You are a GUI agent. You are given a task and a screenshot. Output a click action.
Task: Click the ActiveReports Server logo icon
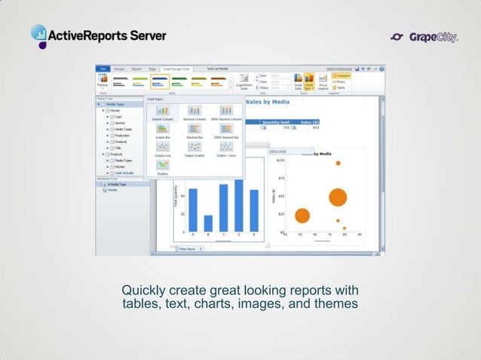(39, 35)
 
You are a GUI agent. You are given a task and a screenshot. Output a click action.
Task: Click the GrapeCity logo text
(434, 37)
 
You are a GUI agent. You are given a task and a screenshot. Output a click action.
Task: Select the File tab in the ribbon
(103, 69)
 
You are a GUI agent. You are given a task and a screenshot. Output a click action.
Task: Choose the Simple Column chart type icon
(162, 111)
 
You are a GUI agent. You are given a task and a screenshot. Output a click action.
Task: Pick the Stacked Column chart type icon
(195, 111)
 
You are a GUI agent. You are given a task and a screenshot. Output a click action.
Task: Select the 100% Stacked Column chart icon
(226, 111)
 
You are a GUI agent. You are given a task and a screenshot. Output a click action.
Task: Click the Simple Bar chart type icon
(162, 129)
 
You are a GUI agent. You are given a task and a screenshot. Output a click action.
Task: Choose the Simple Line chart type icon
(162, 147)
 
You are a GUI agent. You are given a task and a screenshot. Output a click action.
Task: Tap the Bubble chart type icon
(162, 165)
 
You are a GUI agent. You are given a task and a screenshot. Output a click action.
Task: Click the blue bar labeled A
(192, 209)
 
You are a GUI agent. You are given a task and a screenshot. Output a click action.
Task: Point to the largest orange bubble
(337, 197)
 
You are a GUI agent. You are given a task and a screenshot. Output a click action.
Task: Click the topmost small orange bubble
(338, 163)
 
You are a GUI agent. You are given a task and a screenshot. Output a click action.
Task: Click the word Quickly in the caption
(143, 291)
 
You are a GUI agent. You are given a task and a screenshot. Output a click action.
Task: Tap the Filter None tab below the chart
(185, 249)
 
